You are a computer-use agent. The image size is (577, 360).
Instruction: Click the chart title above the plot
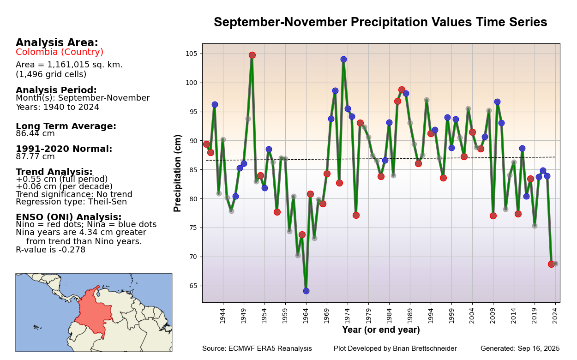pyautogui.click(x=380, y=23)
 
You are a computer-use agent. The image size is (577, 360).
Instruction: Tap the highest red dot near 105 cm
pyautogui.click(x=252, y=55)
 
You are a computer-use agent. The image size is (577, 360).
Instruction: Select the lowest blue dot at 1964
pyautogui.click(x=306, y=291)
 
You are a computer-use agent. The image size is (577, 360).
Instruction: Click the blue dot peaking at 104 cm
pyautogui.click(x=343, y=59)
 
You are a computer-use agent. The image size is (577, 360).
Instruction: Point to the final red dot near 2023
pyautogui.click(x=551, y=264)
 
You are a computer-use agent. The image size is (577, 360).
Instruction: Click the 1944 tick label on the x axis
pyautogui.click(x=222, y=316)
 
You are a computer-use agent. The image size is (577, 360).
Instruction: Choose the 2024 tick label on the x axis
pyautogui.click(x=555, y=316)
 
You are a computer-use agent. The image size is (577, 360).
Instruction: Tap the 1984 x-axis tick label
pyautogui.click(x=389, y=316)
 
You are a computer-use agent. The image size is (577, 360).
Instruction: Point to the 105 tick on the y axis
pyautogui.click(x=192, y=54)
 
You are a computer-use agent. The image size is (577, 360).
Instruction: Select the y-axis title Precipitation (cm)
pyautogui.click(x=178, y=173)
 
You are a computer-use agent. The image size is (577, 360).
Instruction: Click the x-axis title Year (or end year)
pyautogui.click(x=381, y=330)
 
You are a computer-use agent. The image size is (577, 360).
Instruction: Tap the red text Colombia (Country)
pyautogui.click(x=60, y=52)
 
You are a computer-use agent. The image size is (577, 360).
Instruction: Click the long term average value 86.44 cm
pyautogui.click(x=35, y=134)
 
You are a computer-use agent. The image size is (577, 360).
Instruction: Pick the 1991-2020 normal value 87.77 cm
pyautogui.click(x=35, y=156)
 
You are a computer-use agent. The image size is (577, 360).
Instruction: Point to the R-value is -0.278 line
pyautogui.click(x=51, y=250)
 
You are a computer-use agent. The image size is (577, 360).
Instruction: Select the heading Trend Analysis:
pyautogui.click(x=54, y=172)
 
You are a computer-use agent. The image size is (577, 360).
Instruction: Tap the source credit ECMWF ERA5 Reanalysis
pyautogui.click(x=257, y=348)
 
